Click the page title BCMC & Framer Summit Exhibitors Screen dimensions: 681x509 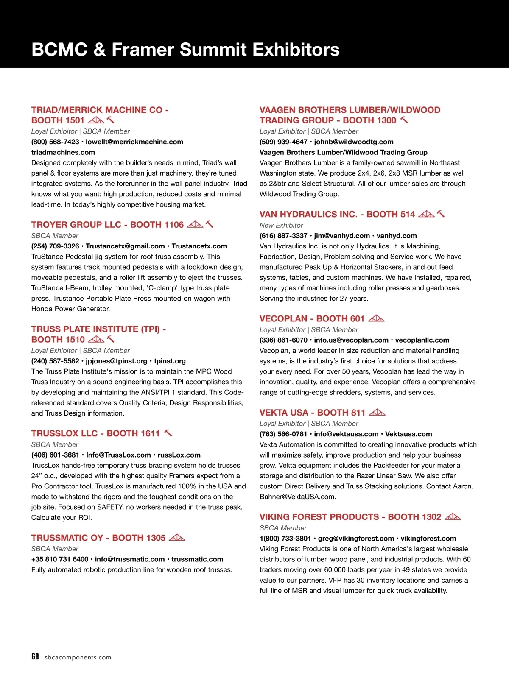pos(185,50)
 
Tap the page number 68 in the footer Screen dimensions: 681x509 pos(35,657)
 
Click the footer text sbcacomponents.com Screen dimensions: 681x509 pos(78,658)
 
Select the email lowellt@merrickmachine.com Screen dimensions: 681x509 pos(134,142)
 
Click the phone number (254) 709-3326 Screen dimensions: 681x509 pos(55,246)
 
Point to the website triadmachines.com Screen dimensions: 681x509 pos(63,152)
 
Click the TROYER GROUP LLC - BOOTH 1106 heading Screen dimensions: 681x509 pos(107,225)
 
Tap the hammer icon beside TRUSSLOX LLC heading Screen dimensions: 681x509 pos(168,433)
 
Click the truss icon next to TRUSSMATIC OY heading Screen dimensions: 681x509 pos(177,538)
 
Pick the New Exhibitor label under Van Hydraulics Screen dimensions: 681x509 pos(281,225)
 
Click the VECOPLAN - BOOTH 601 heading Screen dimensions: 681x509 pos(312,319)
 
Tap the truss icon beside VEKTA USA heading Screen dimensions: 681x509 pos(377,413)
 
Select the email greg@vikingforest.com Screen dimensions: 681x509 pos(356,539)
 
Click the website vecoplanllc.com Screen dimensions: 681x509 pos(422,340)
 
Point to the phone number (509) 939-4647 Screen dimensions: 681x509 pos(283,142)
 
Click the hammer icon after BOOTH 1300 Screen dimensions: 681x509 pos(405,120)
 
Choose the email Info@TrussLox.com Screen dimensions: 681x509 pos(118,455)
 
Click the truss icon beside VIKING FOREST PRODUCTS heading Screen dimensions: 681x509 pos(453,517)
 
